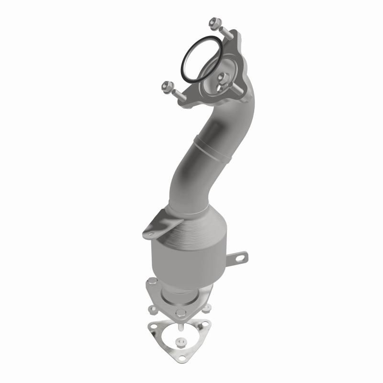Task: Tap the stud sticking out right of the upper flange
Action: tap(237, 90)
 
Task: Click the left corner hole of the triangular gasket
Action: tap(153, 327)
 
